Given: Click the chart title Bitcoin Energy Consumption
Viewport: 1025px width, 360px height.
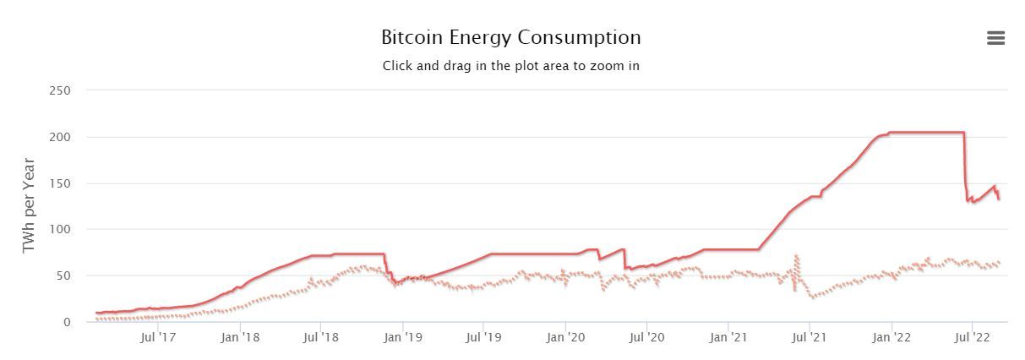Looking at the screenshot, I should tap(510, 38).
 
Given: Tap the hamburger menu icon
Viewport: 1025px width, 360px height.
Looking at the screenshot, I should tap(995, 38).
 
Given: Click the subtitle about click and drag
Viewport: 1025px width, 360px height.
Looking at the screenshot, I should tap(510, 66).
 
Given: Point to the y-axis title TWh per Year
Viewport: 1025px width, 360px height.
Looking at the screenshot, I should tap(29, 205).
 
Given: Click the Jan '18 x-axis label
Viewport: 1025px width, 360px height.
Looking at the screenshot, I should tap(240, 338).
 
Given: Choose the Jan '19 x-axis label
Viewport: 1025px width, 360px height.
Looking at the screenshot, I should tap(403, 338).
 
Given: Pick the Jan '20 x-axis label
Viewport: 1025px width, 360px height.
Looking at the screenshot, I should tap(565, 338).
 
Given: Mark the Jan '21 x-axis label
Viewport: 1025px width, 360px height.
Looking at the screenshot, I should tap(728, 338).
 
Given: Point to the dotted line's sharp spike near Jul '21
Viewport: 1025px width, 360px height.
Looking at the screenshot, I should tap(796, 256).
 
